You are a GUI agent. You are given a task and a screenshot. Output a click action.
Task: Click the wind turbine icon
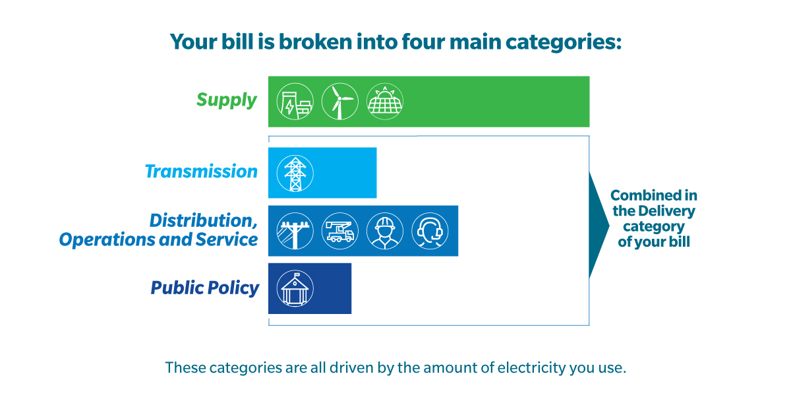(340, 102)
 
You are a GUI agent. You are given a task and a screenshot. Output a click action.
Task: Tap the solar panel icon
(385, 102)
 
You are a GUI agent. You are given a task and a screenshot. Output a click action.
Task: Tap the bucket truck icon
(340, 231)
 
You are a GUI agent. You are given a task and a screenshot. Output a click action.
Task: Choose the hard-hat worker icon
(385, 231)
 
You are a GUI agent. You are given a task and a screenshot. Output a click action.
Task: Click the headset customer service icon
(430, 231)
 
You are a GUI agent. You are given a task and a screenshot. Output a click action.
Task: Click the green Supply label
(226, 100)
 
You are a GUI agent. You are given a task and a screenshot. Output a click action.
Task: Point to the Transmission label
(201, 172)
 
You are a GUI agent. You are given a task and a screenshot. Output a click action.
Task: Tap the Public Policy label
(205, 288)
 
